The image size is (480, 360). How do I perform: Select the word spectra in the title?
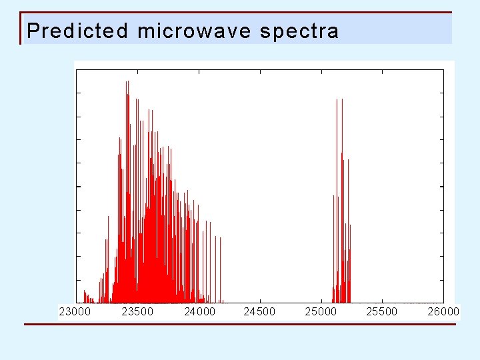(299, 31)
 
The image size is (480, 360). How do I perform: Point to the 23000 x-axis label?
(75, 311)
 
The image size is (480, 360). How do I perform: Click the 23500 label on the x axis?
(137, 311)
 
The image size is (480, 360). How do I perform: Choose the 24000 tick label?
(199, 311)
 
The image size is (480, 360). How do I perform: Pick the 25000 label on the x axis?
(321, 311)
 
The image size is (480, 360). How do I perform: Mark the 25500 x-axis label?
(382, 311)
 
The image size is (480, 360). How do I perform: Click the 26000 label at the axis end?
(443, 311)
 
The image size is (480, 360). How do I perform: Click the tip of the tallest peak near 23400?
(127, 82)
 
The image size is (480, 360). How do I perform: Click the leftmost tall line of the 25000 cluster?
(333, 197)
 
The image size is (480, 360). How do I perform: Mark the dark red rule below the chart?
(240, 325)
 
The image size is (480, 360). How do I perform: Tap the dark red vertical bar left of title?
(21, 28)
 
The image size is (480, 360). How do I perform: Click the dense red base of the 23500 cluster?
(150, 287)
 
